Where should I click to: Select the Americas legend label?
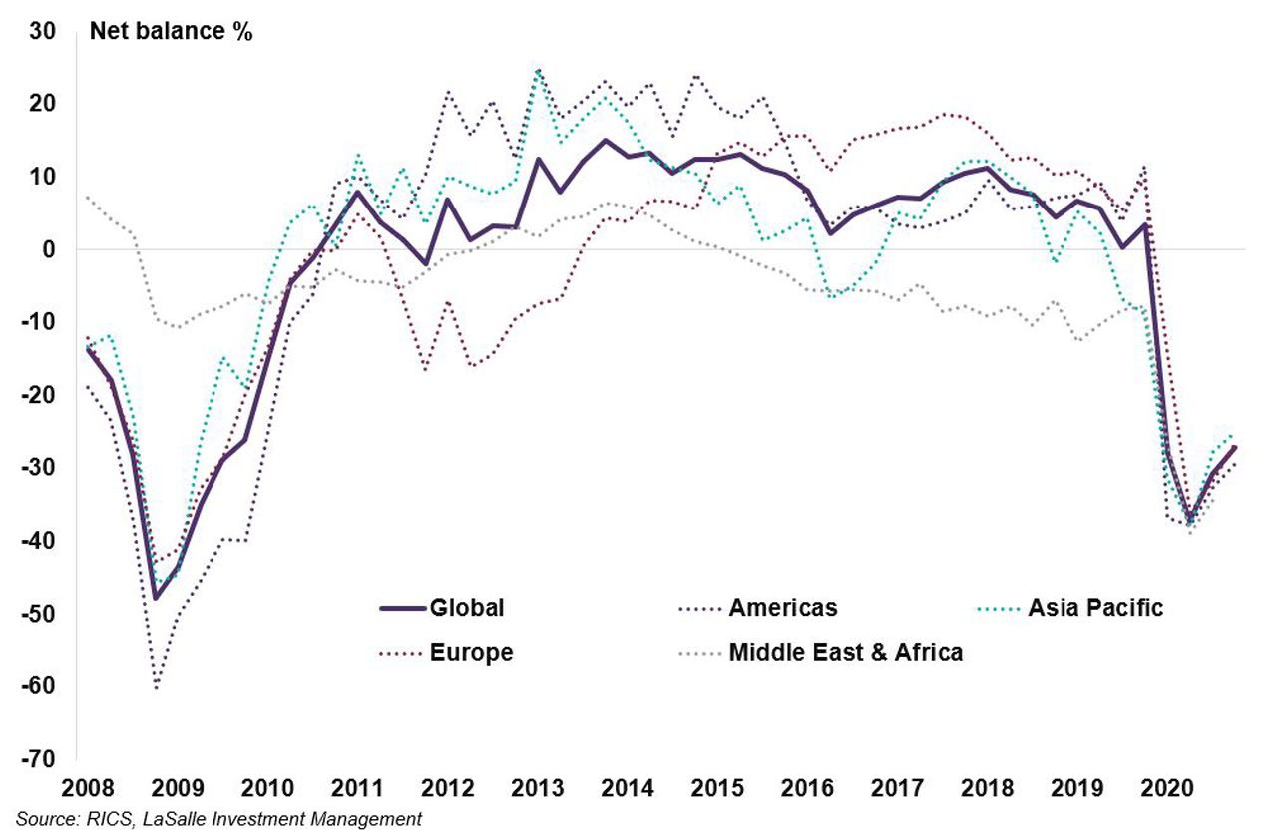782,607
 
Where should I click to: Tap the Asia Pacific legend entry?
1094,607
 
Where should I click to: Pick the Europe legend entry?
471,653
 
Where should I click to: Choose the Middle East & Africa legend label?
845,653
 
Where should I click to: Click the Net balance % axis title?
172,31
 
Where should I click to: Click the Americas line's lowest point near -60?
157,687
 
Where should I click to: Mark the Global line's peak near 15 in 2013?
606,140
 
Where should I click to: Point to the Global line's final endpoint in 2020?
1235,446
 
